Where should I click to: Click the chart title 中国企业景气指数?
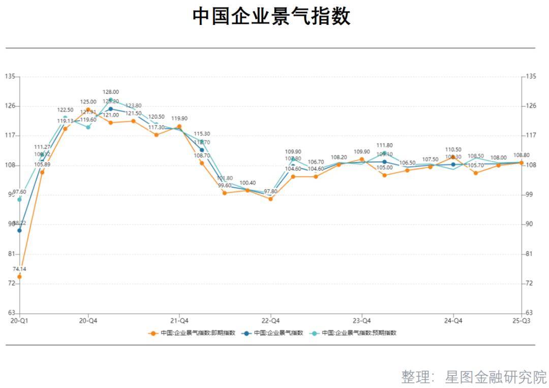coord(271,16)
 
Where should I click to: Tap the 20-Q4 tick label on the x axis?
coord(88,321)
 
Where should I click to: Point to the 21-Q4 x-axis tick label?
coord(179,321)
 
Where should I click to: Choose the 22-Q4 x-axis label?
coord(270,321)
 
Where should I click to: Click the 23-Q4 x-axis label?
coord(361,321)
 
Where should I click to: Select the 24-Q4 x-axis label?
coord(453,321)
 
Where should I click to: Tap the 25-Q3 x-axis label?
coord(522,321)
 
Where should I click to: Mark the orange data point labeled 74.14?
coord(19,276)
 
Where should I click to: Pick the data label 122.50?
coord(65,110)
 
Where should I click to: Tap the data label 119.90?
coord(179,119)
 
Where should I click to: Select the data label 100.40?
coord(248,183)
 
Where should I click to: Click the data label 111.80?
coord(384,146)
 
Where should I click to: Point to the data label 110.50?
coord(453,150)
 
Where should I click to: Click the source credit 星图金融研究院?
coord(496,377)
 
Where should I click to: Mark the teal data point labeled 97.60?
coord(19,199)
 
